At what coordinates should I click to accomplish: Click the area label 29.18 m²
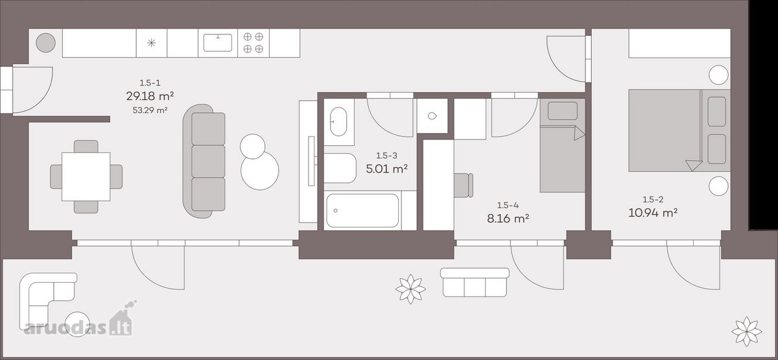(150, 96)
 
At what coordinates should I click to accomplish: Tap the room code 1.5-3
(386, 156)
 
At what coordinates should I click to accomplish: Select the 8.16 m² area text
(508, 219)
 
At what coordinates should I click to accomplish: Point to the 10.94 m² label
(653, 213)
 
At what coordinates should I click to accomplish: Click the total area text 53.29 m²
(150, 110)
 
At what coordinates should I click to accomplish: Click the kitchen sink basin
(218, 43)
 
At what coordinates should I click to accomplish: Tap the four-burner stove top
(253, 43)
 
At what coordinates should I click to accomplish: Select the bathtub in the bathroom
(362, 211)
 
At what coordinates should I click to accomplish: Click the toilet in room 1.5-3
(340, 168)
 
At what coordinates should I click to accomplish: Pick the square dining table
(86, 176)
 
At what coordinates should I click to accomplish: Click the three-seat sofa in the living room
(204, 162)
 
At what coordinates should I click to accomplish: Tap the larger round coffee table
(260, 171)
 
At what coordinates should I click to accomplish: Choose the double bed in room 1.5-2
(679, 130)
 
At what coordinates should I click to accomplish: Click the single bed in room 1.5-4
(562, 145)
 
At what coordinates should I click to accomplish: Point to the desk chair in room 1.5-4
(464, 186)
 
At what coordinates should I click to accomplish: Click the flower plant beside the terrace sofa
(410, 289)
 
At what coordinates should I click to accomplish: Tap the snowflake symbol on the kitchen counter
(151, 43)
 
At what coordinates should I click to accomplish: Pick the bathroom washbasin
(338, 122)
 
